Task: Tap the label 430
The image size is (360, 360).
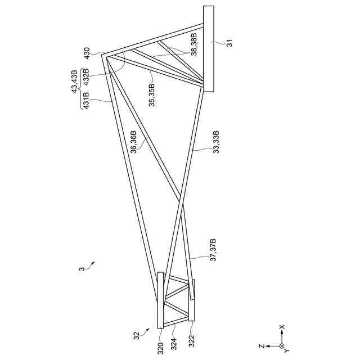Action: click(x=87, y=53)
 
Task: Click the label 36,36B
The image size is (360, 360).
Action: click(x=133, y=141)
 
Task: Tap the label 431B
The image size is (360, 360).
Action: click(x=87, y=102)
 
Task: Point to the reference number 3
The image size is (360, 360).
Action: click(x=81, y=269)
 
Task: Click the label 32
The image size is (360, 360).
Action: click(x=136, y=336)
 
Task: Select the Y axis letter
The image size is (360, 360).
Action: click(x=287, y=350)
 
